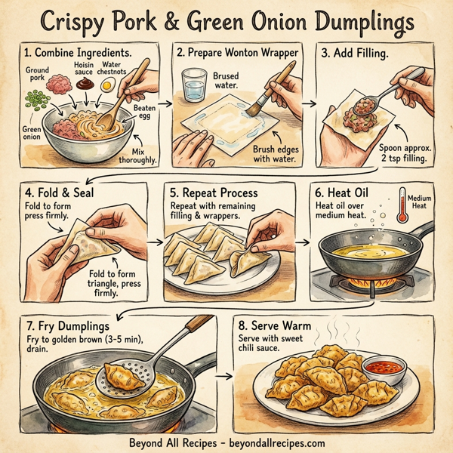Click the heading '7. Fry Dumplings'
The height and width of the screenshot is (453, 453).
click(67, 325)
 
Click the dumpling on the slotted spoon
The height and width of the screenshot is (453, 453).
click(125, 375)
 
